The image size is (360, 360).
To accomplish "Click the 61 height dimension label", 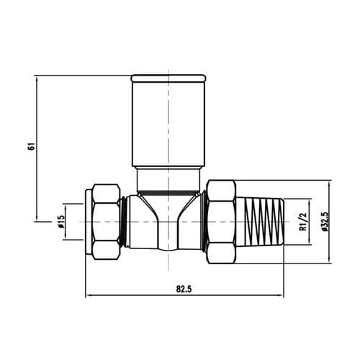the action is click(32, 146).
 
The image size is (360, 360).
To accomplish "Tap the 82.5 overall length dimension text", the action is click(184, 289).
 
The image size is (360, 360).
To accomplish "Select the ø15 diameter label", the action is click(61, 221).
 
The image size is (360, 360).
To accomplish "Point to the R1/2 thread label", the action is click(304, 222).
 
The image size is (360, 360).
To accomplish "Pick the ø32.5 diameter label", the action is click(325, 221).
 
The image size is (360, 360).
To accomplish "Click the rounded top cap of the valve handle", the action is click(168, 78).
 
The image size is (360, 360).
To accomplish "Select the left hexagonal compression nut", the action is click(107, 222).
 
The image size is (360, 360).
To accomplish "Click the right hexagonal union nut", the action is click(221, 222).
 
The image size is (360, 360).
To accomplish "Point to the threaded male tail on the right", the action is click(260, 222).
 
